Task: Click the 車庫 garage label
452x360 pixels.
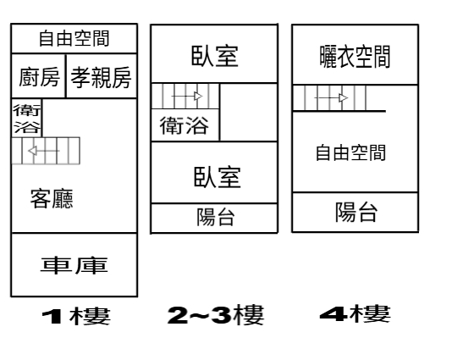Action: click(74, 265)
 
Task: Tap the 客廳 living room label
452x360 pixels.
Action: click(52, 199)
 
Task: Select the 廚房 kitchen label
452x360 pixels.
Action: click(39, 77)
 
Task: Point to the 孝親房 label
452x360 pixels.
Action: click(102, 77)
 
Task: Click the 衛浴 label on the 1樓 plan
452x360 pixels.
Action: click(27, 119)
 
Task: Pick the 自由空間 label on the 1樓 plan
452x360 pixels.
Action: click(74, 38)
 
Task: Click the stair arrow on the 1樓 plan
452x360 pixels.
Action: click(44, 151)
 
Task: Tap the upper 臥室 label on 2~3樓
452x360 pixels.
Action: click(215, 56)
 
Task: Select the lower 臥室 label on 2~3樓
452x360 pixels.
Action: click(217, 176)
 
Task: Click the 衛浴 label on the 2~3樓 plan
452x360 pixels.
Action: click(185, 125)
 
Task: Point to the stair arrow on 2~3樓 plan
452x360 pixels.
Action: click(187, 96)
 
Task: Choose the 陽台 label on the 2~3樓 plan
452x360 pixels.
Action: click(216, 217)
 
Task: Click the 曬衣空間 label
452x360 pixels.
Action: click(355, 57)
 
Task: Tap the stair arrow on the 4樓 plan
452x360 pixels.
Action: click(331, 98)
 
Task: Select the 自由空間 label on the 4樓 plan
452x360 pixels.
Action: click(350, 152)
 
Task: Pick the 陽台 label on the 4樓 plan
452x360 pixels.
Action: click(356, 212)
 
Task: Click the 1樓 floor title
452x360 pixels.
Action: click(76, 316)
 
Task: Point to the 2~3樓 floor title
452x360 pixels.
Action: click(216, 315)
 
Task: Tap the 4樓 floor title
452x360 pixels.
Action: click(356, 313)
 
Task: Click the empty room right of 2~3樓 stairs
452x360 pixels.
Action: click(249, 112)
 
